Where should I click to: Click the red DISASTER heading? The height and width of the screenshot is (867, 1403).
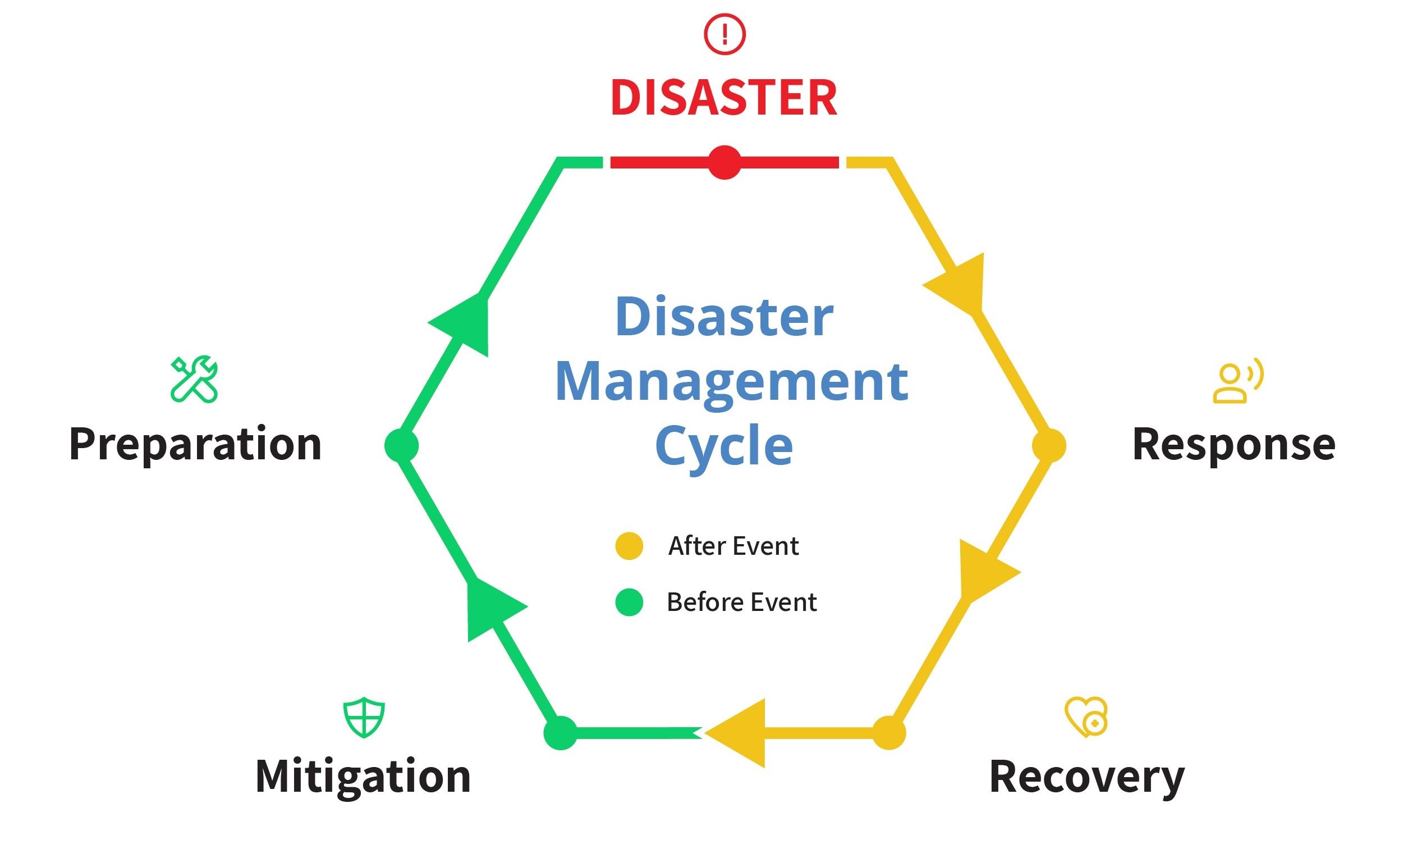pyautogui.click(x=724, y=98)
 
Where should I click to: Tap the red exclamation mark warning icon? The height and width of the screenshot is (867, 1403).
pyautogui.click(x=725, y=34)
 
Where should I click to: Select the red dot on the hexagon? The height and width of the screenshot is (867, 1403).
pyautogui.click(x=725, y=163)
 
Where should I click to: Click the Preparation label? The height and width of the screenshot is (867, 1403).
pyautogui.click(x=195, y=445)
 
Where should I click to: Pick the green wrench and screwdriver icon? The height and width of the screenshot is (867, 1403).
pyautogui.click(x=194, y=380)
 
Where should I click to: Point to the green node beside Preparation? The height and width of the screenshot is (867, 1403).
pyautogui.click(x=401, y=445)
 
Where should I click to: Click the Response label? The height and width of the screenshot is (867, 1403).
pyautogui.click(x=1234, y=445)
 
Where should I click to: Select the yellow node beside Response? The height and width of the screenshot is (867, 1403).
pyautogui.click(x=1049, y=445)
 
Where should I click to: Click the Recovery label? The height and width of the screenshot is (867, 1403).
pyautogui.click(x=1086, y=778)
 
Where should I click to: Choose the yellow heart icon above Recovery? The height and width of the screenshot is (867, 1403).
pyautogui.click(x=1086, y=717)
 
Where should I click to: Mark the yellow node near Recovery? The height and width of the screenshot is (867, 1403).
pyautogui.click(x=889, y=733)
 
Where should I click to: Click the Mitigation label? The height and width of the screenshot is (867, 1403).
pyautogui.click(x=363, y=777)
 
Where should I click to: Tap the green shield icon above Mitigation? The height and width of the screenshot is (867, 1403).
pyautogui.click(x=364, y=717)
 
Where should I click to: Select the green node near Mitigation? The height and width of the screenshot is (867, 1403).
pyautogui.click(x=561, y=733)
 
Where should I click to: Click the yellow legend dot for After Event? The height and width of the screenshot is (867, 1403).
pyautogui.click(x=629, y=546)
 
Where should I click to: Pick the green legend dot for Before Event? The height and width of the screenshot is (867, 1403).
pyautogui.click(x=629, y=602)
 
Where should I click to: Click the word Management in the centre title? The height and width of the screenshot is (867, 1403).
pyautogui.click(x=731, y=382)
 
